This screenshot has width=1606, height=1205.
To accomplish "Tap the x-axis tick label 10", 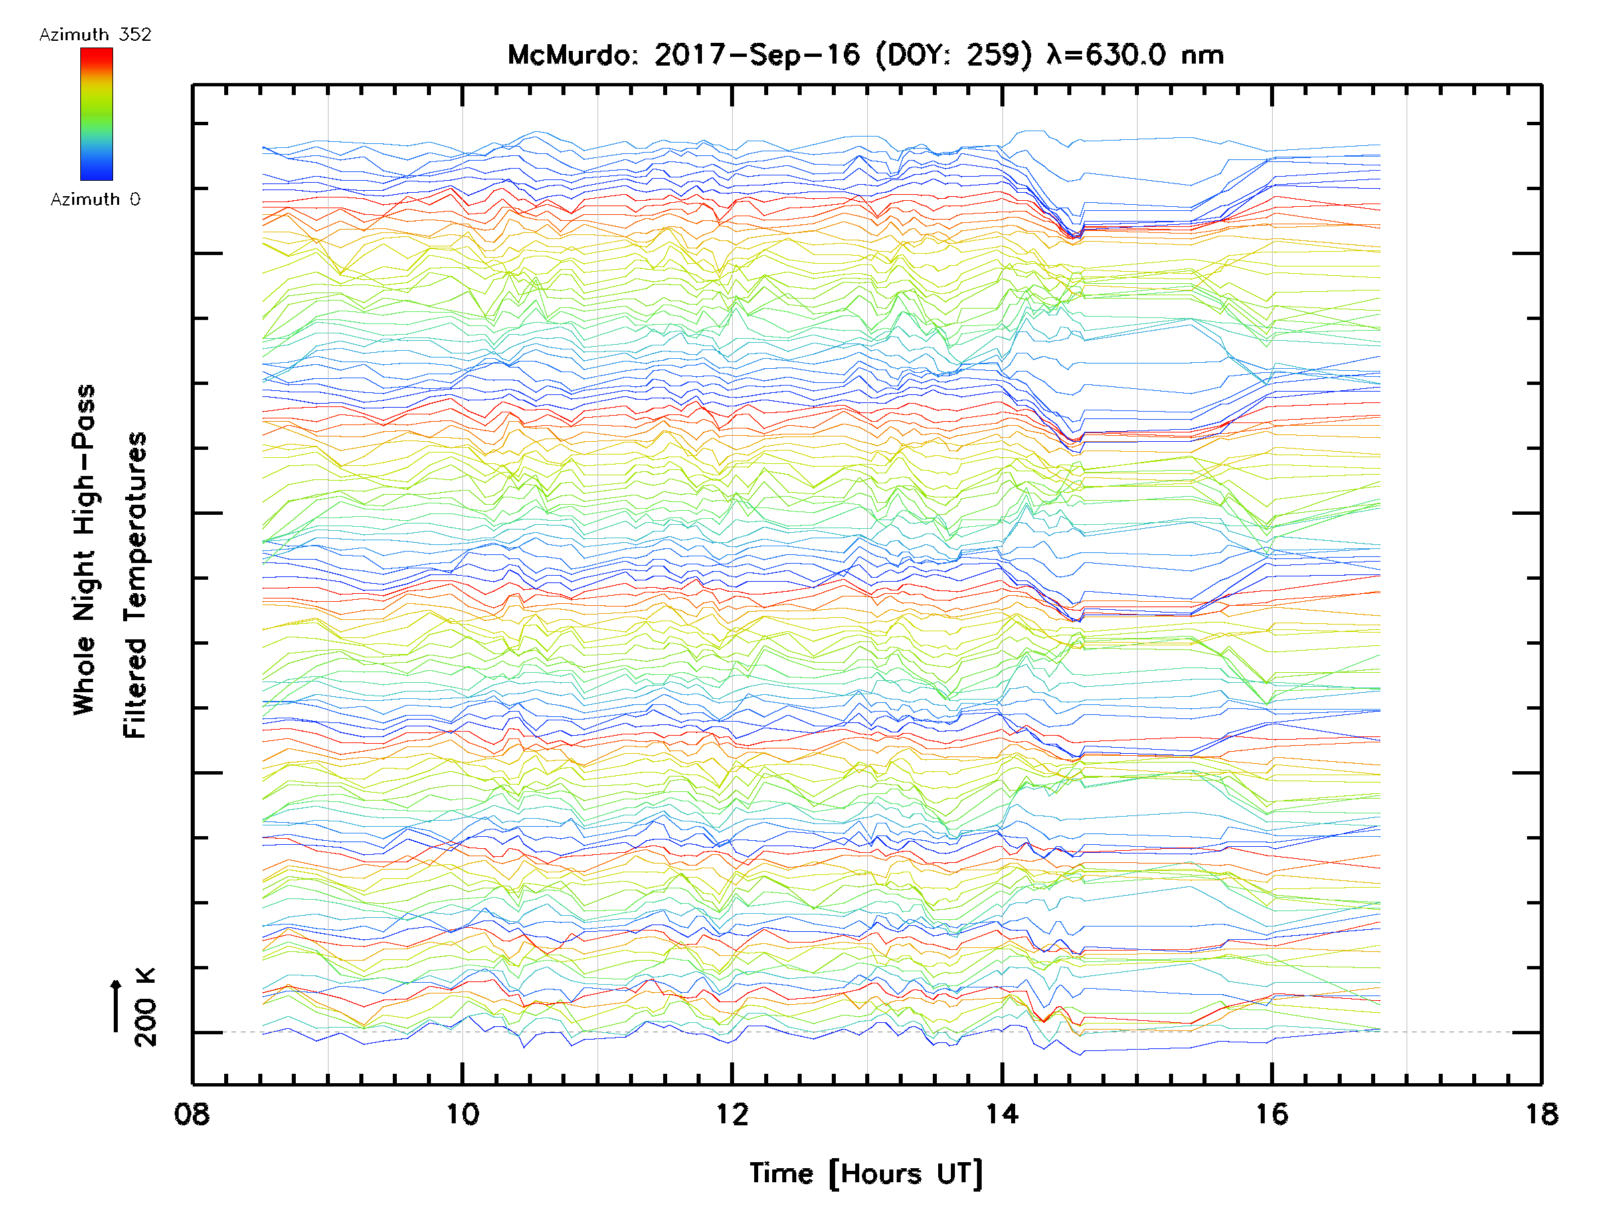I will point(462,1113).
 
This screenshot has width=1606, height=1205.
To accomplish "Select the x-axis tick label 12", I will point(732,1113).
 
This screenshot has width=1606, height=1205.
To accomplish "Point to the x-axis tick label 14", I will point(1002,1113).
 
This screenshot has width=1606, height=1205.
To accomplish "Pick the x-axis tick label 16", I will point(1272,1113).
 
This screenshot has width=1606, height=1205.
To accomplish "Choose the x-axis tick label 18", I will point(1541,1113).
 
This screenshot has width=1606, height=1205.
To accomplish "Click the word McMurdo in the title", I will point(571,55).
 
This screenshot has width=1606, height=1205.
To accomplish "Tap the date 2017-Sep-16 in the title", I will point(757,55).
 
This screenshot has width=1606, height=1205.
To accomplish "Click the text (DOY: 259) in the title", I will point(954,55).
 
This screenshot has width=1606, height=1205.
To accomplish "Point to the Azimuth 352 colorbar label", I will point(95,35).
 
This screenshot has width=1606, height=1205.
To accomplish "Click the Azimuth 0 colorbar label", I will point(95,199).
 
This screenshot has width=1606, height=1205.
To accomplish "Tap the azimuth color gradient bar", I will point(96,114).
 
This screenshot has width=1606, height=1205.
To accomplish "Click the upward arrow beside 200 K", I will point(116,1006).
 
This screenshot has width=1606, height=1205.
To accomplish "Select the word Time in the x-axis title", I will point(781,1174).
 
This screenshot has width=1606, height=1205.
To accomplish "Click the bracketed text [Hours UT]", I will point(906,1174).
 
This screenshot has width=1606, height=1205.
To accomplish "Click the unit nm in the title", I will point(1202,55).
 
